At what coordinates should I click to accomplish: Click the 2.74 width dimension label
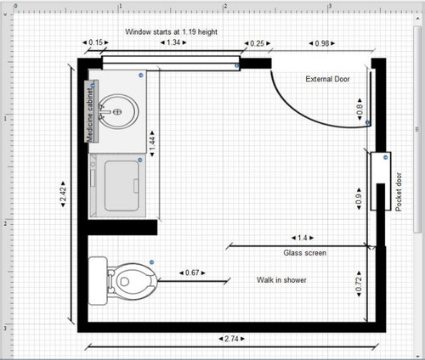pos(231,339)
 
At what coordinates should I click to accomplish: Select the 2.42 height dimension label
pos(63,194)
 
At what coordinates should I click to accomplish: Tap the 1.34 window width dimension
pos(173,42)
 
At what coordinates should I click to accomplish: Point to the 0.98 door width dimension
pos(322,43)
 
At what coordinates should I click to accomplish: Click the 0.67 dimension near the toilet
pos(192,273)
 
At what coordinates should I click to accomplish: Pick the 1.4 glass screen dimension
pos(303,238)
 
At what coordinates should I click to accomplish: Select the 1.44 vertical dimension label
pos(152,143)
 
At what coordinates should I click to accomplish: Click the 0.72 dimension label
pos(359,284)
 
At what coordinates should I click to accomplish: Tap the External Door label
pos(327,79)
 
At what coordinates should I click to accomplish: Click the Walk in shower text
pos(281,280)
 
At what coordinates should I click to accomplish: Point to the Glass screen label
pos(305,253)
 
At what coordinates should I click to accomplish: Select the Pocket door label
pos(399,192)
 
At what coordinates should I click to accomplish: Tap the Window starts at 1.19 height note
pos(172,31)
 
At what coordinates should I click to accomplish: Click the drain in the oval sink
pos(117,112)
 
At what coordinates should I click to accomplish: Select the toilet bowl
pos(133,281)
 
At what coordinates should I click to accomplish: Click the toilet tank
pos(98,281)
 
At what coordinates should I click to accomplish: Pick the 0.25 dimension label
pos(257,43)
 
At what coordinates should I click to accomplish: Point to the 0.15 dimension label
pos(95,42)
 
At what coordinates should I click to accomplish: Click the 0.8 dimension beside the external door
pos(360,109)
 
